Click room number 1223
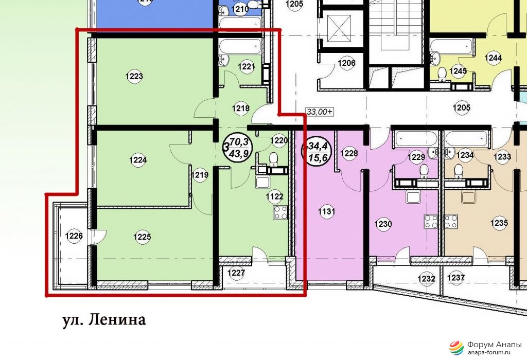pos(134,77)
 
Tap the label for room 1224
pos(138,160)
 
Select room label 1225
pos(142,237)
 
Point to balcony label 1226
pos(74,236)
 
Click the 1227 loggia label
pos(236,273)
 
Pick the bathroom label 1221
pos(247,67)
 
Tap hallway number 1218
pos(241,108)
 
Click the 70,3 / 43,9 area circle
pos(238,149)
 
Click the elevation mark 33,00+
pos(319,112)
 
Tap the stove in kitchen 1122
pos(280,212)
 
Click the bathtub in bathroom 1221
pos(240,46)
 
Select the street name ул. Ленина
pos(104,320)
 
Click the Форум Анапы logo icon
pos(456,348)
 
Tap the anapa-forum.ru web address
pos(489,352)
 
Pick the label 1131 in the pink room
pos(326,211)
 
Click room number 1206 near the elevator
pos(346,63)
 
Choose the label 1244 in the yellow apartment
pos(493,58)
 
